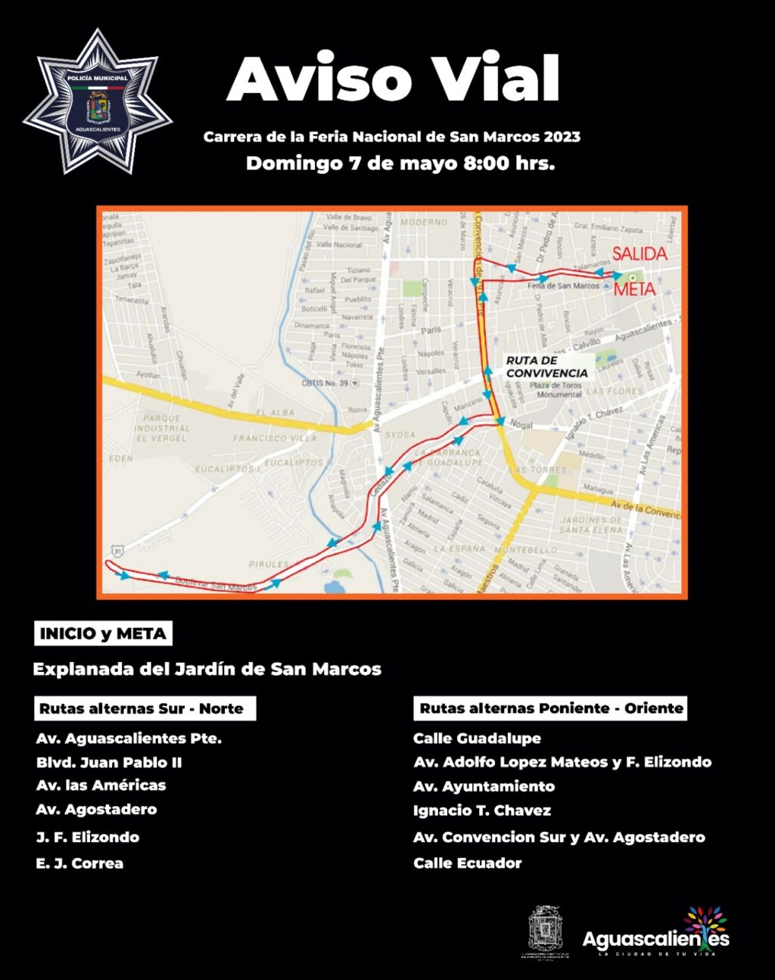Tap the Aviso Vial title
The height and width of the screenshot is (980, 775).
tap(393, 78)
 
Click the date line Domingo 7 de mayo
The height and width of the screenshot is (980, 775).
tap(400, 163)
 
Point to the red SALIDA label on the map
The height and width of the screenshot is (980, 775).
tap(640, 254)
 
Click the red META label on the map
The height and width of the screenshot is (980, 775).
tap(634, 289)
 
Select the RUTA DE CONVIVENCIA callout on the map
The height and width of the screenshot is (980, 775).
tap(546, 367)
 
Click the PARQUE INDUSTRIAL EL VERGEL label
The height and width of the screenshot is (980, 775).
tap(162, 428)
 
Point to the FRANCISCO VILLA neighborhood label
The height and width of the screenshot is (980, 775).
tap(274, 438)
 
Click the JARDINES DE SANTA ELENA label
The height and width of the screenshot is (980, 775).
tap(590, 524)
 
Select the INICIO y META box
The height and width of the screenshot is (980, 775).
tap(103, 633)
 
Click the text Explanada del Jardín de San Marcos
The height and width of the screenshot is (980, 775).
tap(207, 669)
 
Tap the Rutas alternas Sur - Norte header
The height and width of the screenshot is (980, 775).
tap(145, 709)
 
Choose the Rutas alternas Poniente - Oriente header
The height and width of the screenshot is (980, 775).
tap(551, 708)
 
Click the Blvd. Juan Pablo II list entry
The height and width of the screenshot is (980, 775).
tap(109, 762)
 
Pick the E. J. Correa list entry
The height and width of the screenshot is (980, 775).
tap(79, 863)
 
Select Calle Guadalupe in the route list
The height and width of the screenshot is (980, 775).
tap(477, 738)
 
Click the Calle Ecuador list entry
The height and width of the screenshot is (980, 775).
tap(467, 863)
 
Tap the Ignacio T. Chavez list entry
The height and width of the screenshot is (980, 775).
tap(481, 810)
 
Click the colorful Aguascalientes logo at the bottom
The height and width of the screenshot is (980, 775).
tap(655, 934)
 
